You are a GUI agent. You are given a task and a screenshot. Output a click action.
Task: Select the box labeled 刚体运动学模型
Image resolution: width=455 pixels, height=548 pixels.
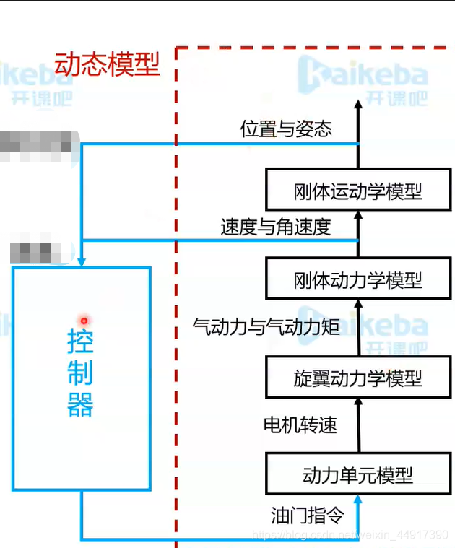pyautogui.click(x=358, y=191)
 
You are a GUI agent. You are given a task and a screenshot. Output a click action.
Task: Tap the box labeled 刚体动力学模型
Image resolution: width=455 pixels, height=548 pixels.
pyautogui.click(x=358, y=279)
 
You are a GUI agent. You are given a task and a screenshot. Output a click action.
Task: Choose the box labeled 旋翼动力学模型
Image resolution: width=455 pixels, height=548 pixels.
pyautogui.click(x=358, y=378)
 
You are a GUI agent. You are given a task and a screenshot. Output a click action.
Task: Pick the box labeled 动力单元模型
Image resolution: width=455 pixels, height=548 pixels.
pyautogui.click(x=358, y=474)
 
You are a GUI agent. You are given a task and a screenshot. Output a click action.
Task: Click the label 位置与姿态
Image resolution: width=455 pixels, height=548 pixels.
pyautogui.click(x=286, y=129)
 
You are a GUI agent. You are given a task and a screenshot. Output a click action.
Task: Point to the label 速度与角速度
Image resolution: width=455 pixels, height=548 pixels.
pyautogui.click(x=276, y=227)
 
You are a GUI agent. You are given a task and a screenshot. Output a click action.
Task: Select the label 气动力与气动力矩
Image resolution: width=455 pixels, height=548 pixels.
pyautogui.click(x=266, y=326)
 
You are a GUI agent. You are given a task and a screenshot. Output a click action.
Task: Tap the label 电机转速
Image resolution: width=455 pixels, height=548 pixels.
pyautogui.click(x=300, y=425)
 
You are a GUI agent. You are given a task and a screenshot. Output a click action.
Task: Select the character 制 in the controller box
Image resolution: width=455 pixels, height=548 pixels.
pyautogui.click(x=80, y=373)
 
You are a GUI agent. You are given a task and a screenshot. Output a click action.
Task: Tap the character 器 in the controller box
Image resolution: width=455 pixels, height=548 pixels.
pyautogui.click(x=80, y=405)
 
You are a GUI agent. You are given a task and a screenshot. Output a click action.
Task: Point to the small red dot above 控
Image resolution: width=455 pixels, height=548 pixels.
pyautogui.click(x=84, y=321)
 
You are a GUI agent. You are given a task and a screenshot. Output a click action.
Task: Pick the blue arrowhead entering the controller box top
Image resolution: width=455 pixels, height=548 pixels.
pyautogui.click(x=82, y=260)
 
